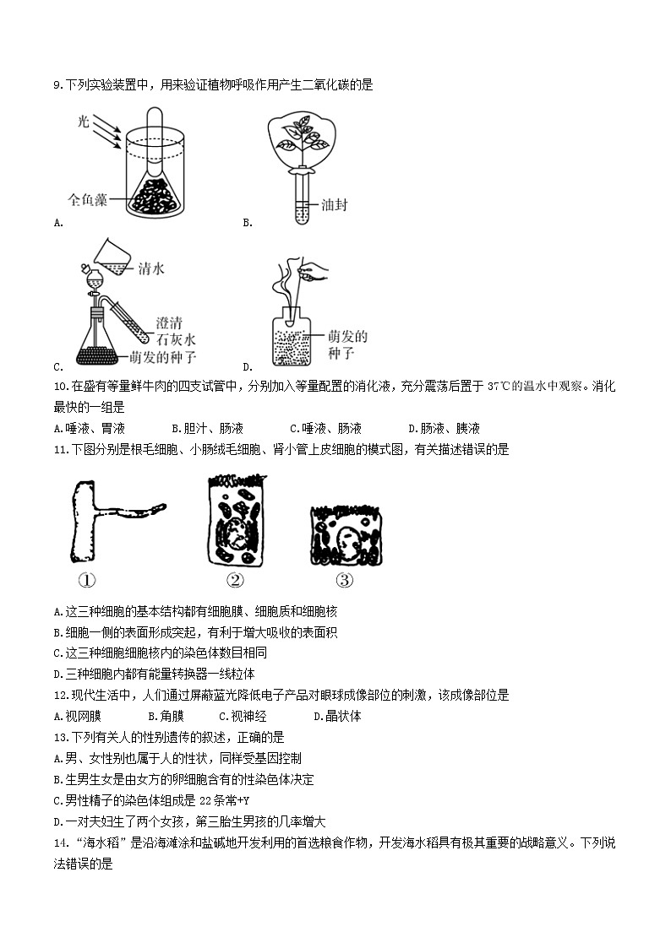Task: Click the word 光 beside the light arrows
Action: [x=83, y=122]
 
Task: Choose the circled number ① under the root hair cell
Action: [x=86, y=580]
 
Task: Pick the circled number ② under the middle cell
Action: [x=236, y=580]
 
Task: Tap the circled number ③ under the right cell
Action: [x=344, y=580]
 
